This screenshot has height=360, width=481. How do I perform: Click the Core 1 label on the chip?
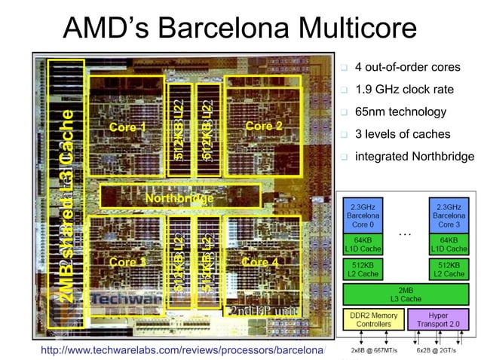(127, 127)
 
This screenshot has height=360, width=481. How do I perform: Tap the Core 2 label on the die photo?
(264, 126)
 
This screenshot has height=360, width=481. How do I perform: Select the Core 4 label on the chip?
(260, 262)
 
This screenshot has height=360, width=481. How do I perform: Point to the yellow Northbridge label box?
(179, 198)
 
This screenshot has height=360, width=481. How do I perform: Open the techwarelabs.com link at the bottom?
(182, 350)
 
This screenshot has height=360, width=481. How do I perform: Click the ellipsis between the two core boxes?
(405, 233)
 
